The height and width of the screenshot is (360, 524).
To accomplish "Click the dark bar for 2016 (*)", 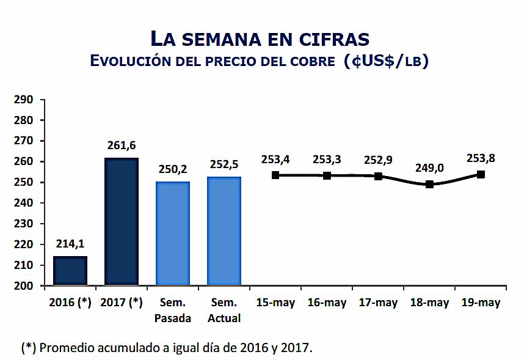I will [70, 271].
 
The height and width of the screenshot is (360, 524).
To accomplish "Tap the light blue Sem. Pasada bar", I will [173, 233].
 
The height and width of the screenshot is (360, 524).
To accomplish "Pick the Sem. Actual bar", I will [224, 231].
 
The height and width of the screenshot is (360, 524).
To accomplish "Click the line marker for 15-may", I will [275, 175].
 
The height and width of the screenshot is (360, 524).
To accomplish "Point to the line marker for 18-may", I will [430, 184].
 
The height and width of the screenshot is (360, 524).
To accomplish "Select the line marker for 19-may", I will [481, 174].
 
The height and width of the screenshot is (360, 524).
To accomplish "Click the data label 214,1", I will [70, 243].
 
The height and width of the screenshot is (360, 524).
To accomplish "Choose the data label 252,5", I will [224, 164].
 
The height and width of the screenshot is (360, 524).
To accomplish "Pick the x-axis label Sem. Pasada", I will [173, 310].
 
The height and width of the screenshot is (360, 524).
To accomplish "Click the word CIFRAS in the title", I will [333, 39].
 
